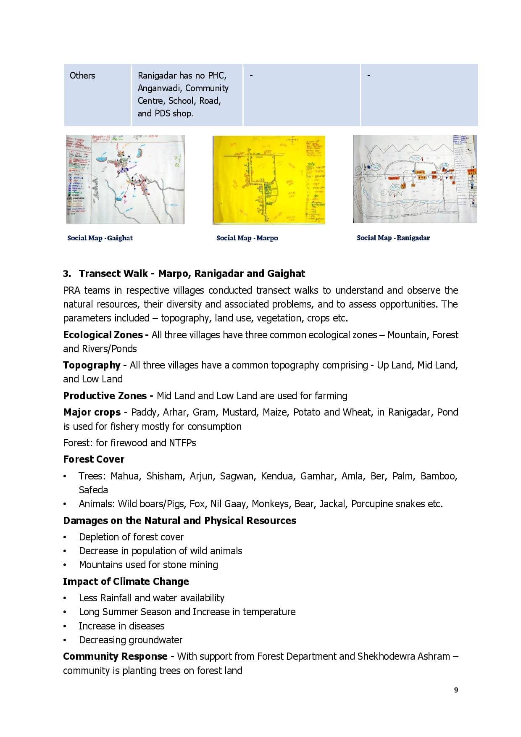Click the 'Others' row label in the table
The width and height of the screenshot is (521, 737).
pyautogui.click(x=82, y=76)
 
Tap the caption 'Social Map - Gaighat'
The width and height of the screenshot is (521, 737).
pyautogui.click(x=100, y=238)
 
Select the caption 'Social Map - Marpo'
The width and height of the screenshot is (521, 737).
pyautogui.click(x=247, y=238)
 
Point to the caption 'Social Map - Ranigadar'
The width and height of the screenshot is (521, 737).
pyautogui.click(x=393, y=238)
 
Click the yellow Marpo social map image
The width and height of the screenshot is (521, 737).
pyautogui.click(x=269, y=180)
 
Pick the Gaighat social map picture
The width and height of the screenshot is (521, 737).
pyautogui.click(x=125, y=179)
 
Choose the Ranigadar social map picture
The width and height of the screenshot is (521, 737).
pyautogui.click(x=415, y=179)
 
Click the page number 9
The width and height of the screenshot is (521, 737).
pyautogui.click(x=456, y=690)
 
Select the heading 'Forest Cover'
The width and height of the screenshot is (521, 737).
pyautogui.click(x=94, y=459)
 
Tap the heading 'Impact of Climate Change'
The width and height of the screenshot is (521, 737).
pyautogui.click(x=126, y=582)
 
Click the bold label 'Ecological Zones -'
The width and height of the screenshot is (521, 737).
pyautogui.click(x=106, y=335)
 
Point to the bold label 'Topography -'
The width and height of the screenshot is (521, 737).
pyautogui.click(x=95, y=365)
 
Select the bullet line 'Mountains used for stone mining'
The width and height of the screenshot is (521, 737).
pyautogui.click(x=148, y=565)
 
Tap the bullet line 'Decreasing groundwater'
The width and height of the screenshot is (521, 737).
pyautogui.click(x=131, y=640)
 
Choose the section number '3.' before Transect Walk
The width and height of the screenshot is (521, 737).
pyautogui.click(x=67, y=274)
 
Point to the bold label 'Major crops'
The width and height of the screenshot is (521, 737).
pyautogui.click(x=92, y=412)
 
